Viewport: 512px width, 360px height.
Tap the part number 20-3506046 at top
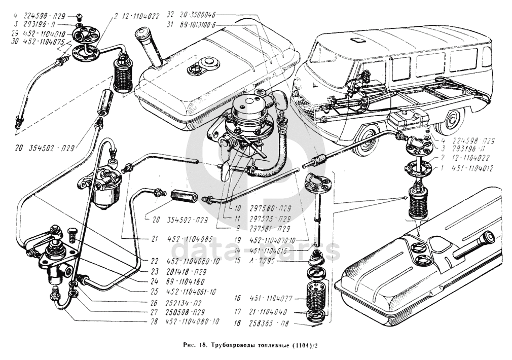(200, 16)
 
